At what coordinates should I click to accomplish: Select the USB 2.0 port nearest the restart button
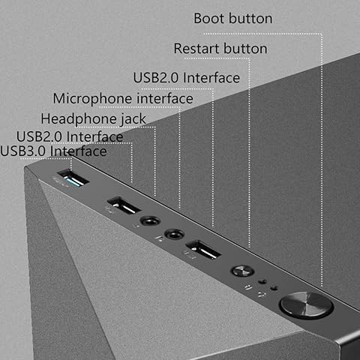(202, 248)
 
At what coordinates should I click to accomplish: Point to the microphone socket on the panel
(174, 233)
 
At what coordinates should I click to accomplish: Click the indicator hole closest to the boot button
(274, 287)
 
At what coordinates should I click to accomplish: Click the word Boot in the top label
(211, 18)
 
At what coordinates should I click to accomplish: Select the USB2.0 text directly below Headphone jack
(40, 136)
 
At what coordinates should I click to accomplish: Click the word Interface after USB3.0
(78, 151)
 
